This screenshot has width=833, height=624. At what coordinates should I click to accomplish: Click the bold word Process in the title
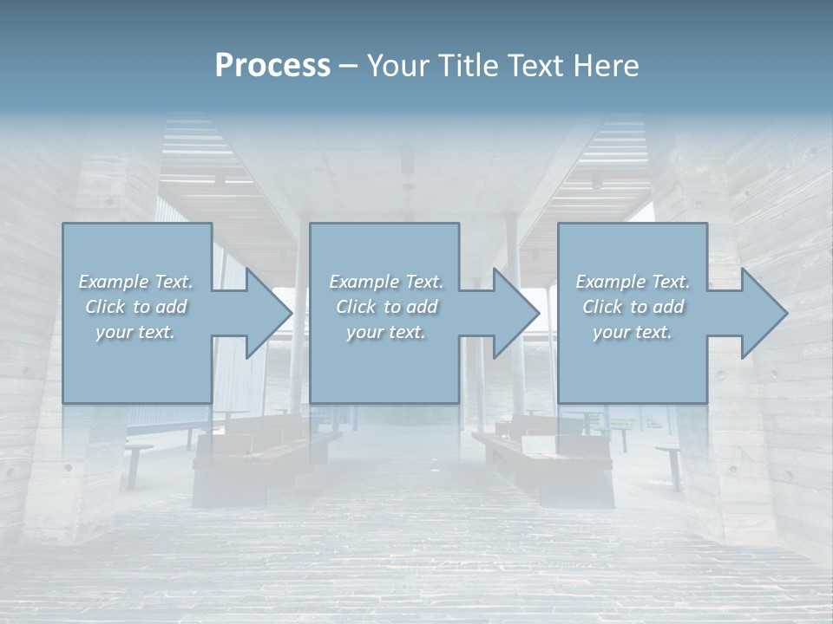(272, 66)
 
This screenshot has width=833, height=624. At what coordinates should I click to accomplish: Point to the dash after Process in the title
(349, 66)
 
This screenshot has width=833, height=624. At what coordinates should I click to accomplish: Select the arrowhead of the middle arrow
(516, 313)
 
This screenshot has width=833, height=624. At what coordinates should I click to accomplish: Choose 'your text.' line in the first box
(135, 332)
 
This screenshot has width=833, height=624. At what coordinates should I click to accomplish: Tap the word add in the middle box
(422, 307)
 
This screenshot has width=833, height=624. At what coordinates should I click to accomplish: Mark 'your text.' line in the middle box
(385, 332)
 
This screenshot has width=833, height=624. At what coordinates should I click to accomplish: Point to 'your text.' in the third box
(633, 332)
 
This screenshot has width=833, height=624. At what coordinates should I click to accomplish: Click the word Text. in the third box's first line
(671, 282)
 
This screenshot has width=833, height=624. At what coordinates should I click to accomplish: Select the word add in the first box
(172, 307)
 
